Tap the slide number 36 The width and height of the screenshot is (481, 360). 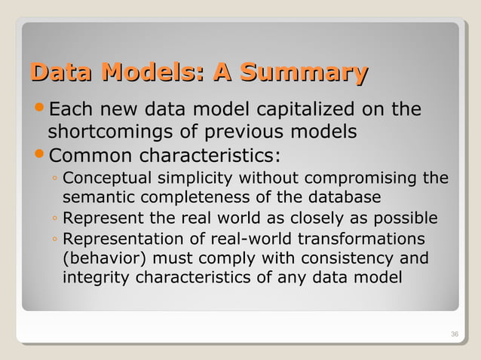[x=454, y=334]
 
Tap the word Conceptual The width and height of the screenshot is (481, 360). [x=108, y=178]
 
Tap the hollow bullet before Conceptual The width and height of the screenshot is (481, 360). [x=56, y=180]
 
